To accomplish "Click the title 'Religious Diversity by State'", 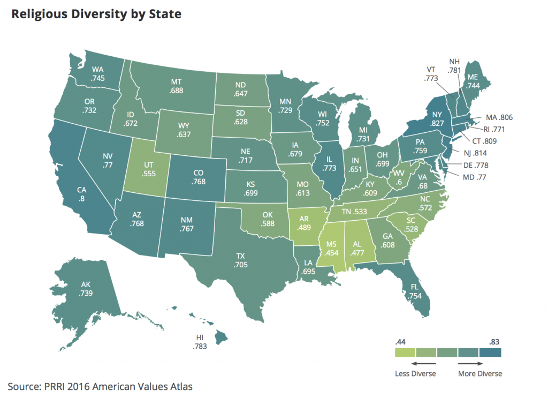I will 96,14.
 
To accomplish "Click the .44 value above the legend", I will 400,341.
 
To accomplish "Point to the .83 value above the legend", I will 496,341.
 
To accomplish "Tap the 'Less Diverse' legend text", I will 415,373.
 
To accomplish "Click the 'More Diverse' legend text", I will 480,373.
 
